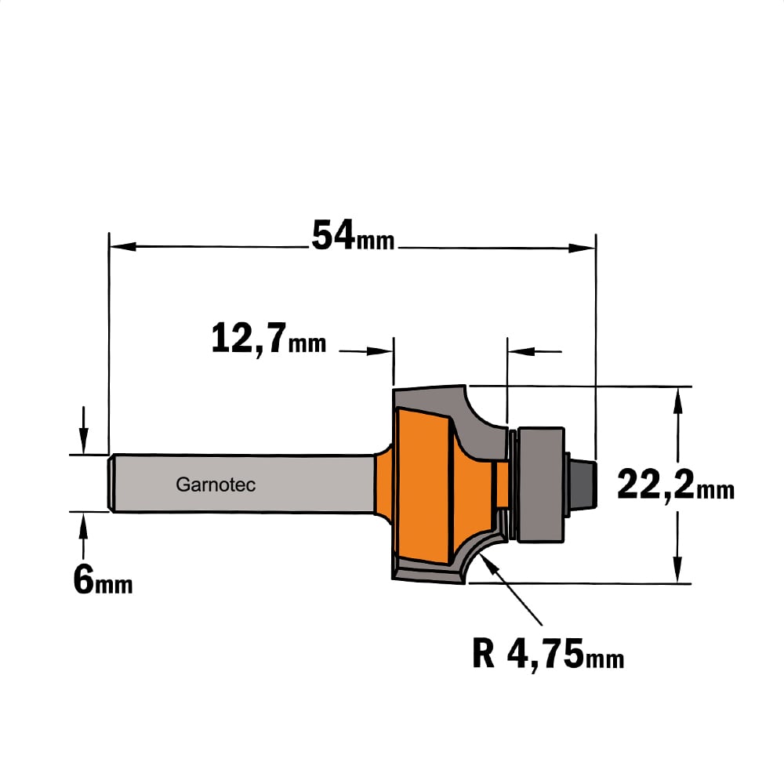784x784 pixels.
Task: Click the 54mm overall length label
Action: (x=353, y=235)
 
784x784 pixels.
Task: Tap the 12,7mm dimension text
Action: (x=268, y=339)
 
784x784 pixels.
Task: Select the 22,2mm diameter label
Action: (x=676, y=485)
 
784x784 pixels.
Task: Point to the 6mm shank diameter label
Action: (x=103, y=580)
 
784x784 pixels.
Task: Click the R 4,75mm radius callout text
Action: (x=548, y=654)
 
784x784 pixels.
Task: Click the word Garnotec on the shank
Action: (x=216, y=484)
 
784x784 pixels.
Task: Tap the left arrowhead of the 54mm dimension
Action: (x=122, y=246)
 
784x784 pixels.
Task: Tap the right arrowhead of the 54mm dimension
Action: (x=582, y=248)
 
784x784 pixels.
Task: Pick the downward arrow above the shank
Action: (x=84, y=430)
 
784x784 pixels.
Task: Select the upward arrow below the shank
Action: (x=83, y=536)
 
